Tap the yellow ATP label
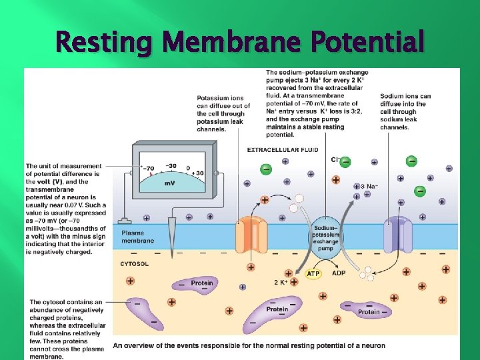coord(313,273)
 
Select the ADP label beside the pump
coord(339,273)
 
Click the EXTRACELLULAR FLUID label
coord(283,150)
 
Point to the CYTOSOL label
coord(134,264)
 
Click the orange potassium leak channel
coord(251,236)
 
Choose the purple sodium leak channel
coord(398,234)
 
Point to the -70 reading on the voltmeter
coord(147,169)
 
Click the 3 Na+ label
coord(368,187)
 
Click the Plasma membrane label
coord(137,237)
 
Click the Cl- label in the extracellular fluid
coord(336,160)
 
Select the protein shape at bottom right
coord(369,310)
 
